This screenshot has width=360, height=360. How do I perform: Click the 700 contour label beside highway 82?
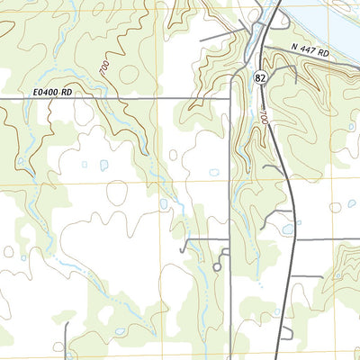click(264, 118)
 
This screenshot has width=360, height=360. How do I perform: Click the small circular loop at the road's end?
click(217, 267)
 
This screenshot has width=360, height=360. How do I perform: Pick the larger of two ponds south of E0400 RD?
click(103, 166)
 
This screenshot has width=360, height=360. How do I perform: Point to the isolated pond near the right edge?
click(351, 204)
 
